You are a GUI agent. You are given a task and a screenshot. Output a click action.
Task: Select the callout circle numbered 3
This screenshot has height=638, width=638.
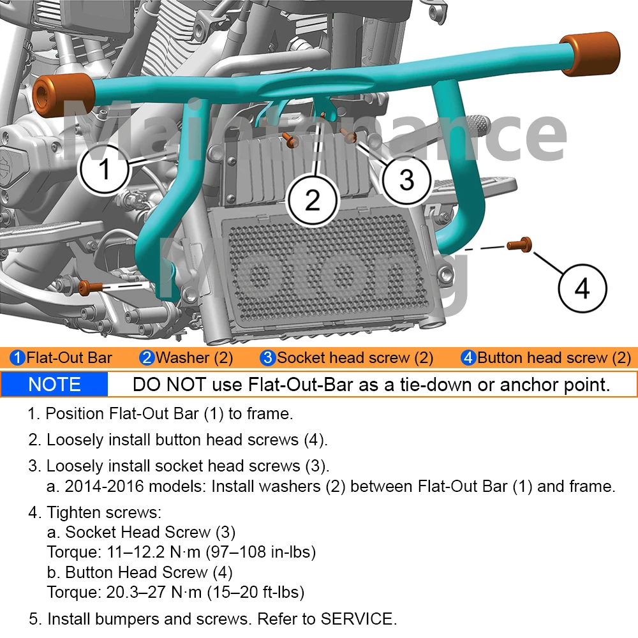[406, 179]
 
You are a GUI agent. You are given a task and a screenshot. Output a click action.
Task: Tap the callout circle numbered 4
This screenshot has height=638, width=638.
[582, 288]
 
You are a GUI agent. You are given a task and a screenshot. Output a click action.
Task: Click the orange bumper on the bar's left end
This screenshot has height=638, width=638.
[63, 95]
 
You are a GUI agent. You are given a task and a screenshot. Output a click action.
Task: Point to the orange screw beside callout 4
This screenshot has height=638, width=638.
[519, 244]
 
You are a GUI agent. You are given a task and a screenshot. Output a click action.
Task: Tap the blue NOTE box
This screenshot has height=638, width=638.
[54, 385]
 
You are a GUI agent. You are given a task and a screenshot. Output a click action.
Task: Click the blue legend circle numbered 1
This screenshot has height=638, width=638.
[17, 358]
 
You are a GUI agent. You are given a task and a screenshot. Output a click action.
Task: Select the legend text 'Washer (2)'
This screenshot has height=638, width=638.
[194, 358]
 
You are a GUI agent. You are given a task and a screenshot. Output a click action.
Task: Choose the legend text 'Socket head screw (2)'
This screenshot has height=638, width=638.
[355, 358]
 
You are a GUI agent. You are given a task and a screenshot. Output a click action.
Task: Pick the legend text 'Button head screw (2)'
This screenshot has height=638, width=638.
[554, 358]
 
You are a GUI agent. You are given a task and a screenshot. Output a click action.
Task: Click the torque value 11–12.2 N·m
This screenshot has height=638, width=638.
[154, 552]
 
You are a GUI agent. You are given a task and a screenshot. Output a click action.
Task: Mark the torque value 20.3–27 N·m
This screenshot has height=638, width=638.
[154, 592]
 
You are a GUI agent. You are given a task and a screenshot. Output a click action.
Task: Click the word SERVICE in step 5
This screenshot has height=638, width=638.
[359, 619]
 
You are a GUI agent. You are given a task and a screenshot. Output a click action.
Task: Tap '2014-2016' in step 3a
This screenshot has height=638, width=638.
[105, 486]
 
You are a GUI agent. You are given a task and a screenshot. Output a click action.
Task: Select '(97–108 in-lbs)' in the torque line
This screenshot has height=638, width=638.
[261, 552]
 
